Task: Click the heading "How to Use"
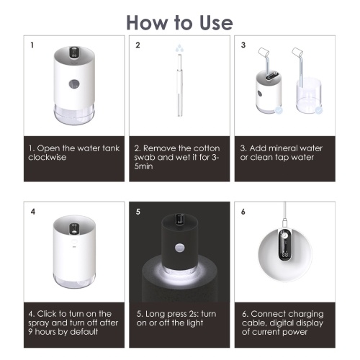point(179,23)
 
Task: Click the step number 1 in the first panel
point(32,45)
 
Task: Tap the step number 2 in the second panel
point(138,45)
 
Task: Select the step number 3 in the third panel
point(243,45)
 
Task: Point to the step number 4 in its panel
point(33,212)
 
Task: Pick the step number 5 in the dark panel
point(138,212)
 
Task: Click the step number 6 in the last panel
point(243,212)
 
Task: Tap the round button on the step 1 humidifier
point(74,84)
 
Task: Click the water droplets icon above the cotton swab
point(179,48)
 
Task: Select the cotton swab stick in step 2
point(179,85)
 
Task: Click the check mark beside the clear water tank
point(318,110)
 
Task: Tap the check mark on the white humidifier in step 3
point(279,110)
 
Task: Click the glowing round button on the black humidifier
point(180,248)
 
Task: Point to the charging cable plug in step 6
point(284,222)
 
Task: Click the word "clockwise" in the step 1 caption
point(48,158)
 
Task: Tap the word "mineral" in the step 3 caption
point(279,148)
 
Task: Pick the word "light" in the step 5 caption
point(195,323)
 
